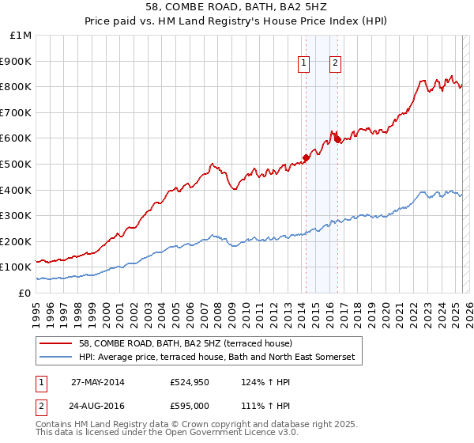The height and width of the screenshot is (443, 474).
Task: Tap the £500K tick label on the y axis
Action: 16,164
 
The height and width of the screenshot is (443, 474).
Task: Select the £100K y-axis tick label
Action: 16,267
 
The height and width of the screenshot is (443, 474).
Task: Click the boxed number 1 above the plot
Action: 303,65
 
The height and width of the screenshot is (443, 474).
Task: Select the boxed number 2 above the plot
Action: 335,65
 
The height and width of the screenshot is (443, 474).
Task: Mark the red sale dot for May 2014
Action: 306,157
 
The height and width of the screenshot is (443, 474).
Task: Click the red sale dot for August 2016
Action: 337,139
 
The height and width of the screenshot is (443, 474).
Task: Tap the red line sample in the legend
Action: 56,343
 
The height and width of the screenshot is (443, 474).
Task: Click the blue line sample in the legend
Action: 56,357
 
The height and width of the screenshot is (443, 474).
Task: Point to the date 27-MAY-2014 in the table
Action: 98,381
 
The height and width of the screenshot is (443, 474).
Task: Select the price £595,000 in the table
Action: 190,407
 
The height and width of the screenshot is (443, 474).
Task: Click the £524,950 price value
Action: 190,381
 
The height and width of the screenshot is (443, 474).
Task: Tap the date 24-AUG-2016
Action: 98,407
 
